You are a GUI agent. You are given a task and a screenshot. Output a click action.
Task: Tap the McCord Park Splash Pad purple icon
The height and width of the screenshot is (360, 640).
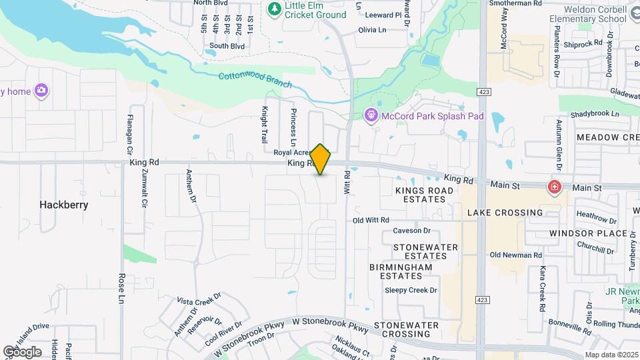coord(371,116)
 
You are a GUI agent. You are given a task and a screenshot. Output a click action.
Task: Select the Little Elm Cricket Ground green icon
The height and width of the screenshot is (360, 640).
coord(273,9)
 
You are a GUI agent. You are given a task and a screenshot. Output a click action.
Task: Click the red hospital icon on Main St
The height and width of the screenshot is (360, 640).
coord(553,188)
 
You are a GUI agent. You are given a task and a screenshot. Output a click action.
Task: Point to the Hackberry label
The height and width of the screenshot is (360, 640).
coord(63,205)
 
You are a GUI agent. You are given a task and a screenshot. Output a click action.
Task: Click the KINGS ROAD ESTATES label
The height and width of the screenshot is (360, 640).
coord(424,195)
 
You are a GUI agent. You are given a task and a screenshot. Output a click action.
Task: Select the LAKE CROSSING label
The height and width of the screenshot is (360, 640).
coord(505,213)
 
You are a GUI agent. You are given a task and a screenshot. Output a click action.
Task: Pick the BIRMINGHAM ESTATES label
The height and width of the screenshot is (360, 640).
coord(401,271)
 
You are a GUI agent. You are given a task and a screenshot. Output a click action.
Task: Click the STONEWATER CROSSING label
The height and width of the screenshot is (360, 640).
coord(406,329)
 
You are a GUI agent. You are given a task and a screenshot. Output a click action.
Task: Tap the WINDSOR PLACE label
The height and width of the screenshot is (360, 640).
coord(588,233)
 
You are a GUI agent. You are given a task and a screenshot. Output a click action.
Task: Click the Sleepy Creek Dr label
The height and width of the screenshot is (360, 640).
coord(411,290)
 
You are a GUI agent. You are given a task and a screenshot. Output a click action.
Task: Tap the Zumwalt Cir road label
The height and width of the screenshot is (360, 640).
coord(143,186)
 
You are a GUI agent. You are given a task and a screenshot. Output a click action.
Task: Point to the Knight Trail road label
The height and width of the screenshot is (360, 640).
coord(264,125)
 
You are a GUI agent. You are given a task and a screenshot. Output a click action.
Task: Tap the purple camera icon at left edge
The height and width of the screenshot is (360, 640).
coord(41,91)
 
